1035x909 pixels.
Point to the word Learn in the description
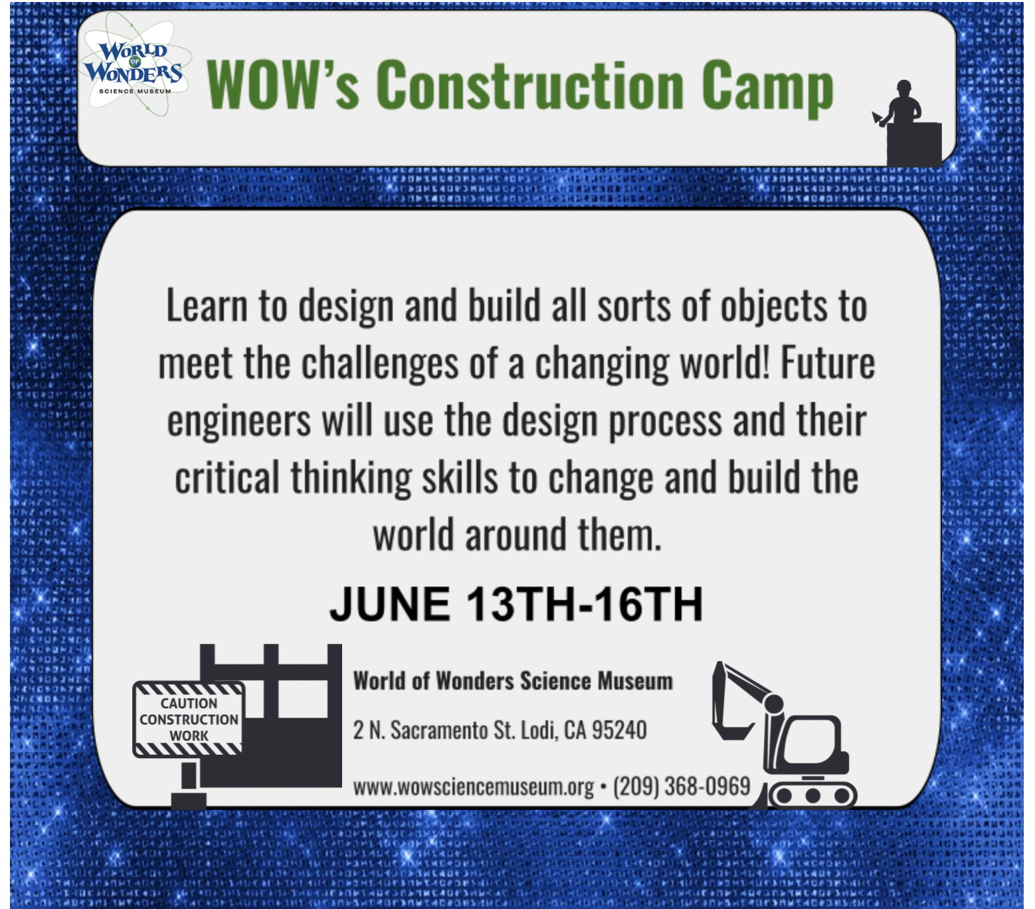[207, 306]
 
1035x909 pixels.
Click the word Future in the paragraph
[828, 363]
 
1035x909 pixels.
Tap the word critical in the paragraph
[227, 478]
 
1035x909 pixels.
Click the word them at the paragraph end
[619, 536]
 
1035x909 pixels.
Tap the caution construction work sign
[189, 720]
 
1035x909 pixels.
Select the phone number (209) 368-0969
[682, 787]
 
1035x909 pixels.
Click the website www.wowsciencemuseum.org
[474, 787]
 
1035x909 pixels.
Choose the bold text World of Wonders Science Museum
[513, 681]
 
